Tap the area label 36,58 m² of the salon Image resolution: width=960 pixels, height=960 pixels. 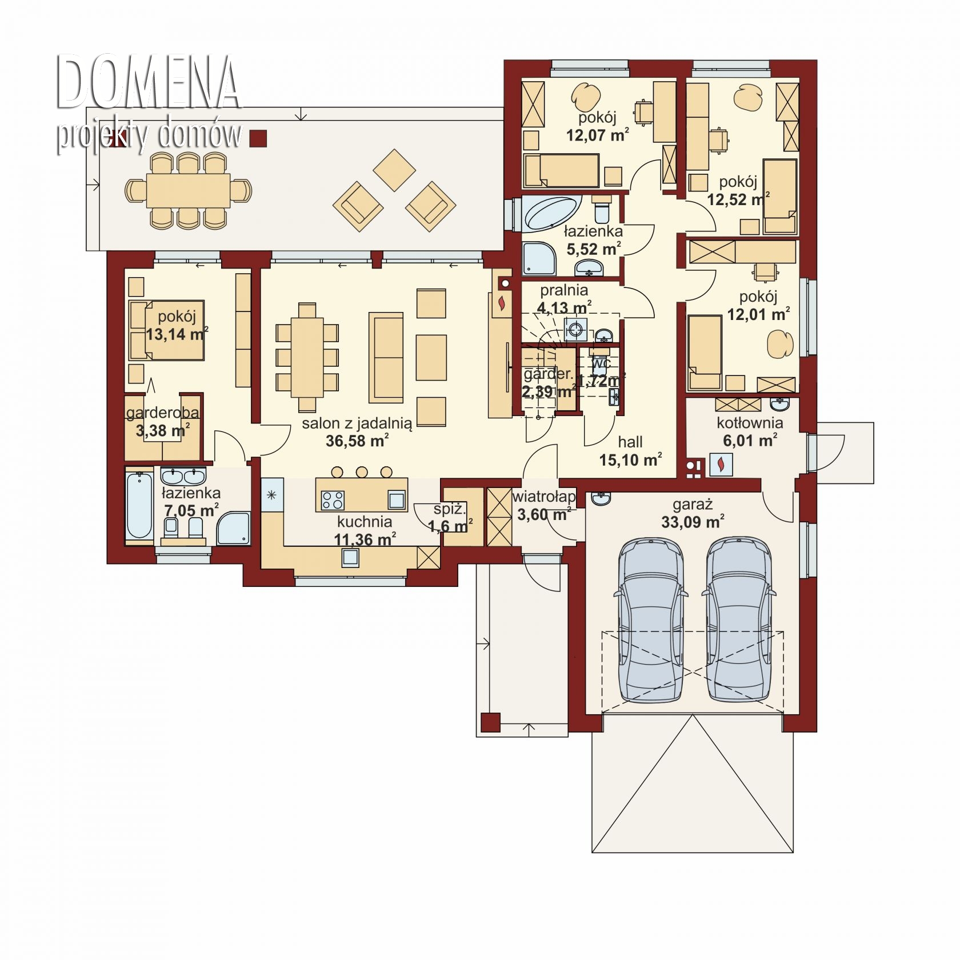point(357,441)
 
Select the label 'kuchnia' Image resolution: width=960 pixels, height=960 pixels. point(365,521)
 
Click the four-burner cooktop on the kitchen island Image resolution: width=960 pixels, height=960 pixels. point(333,500)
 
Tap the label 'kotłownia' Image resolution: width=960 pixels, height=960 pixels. point(750,423)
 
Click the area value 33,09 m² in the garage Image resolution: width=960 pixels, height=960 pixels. point(693,522)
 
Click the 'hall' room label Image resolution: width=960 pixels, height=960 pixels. point(630,442)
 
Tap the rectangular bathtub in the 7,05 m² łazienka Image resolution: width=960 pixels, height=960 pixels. point(139,505)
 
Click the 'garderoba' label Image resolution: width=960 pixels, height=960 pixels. point(163,413)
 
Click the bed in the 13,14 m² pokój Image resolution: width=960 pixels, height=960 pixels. point(166,330)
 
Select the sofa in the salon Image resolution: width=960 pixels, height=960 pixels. point(386,357)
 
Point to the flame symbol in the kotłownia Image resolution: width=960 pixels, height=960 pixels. point(721,463)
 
